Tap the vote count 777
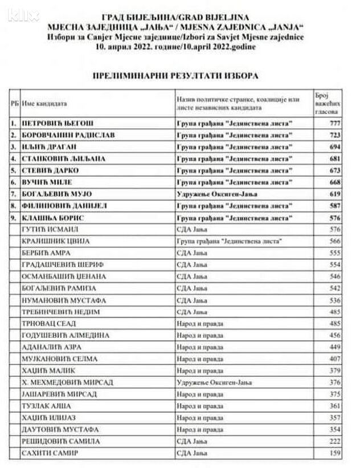334,123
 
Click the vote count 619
334,194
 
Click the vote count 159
334,453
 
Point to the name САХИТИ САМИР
49,453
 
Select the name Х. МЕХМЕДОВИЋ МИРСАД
63,382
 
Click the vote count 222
334,441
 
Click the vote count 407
334,359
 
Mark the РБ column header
13,104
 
